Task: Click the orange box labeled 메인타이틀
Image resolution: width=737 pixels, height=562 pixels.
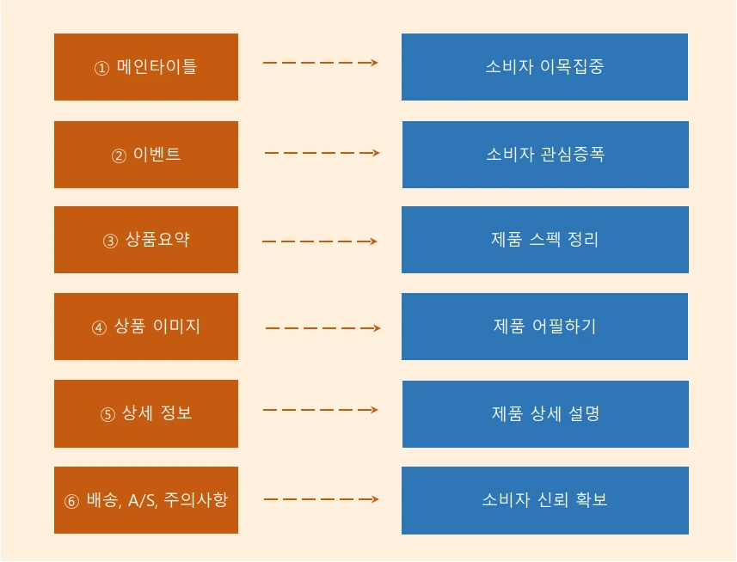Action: [x=146, y=67]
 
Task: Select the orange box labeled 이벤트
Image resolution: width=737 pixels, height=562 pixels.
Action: [x=146, y=155]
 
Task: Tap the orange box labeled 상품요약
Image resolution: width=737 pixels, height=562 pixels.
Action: [x=146, y=240]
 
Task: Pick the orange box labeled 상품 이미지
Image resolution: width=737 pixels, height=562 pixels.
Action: [x=146, y=327]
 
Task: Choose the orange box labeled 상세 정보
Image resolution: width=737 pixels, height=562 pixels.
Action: [x=146, y=413]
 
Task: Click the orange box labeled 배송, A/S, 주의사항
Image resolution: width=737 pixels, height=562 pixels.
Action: [x=146, y=499]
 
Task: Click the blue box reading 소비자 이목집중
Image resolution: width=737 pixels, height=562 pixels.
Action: [x=544, y=67]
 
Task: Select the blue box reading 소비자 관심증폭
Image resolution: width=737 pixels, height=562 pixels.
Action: [x=545, y=155]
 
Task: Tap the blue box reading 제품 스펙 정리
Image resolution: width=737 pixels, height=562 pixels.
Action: [x=544, y=240]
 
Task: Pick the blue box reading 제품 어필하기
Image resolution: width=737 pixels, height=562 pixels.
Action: [x=544, y=327]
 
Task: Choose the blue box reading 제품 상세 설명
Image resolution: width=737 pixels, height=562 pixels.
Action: [x=545, y=413]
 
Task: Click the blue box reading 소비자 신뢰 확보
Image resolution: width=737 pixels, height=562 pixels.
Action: [x=545, y=499]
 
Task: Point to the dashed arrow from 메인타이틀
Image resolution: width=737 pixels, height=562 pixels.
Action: [x=320, y=63]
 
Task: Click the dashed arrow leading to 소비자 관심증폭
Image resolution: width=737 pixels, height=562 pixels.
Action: [x=322, y=153]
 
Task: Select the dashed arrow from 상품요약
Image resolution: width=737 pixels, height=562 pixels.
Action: [x=319, y=241]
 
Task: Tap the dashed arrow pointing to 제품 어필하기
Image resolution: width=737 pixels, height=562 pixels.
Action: [x=322, y=328]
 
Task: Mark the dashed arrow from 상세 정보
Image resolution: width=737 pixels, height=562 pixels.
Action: [x=320, y=410]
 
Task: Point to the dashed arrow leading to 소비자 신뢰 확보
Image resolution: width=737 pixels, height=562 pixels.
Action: [x=321, y=498]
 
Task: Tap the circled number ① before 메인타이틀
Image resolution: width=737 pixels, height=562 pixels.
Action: [x=101, y=68]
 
